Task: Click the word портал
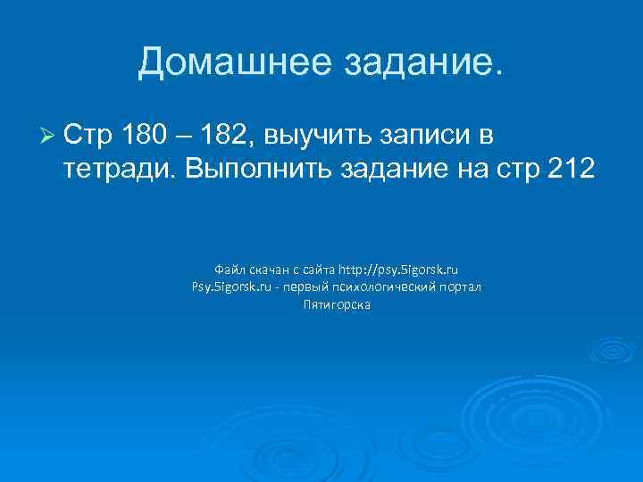[x=462, y=287]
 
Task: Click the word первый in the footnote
[x=312, y=287]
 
